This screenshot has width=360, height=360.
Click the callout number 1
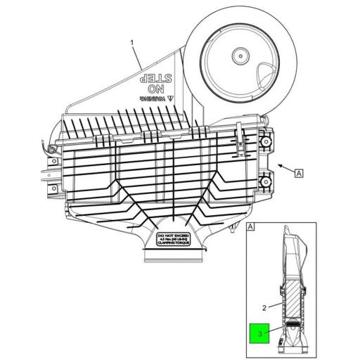coord(131,44)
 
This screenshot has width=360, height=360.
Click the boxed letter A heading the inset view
coord(251,228)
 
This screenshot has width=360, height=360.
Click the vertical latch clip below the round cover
coord(240,137)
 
